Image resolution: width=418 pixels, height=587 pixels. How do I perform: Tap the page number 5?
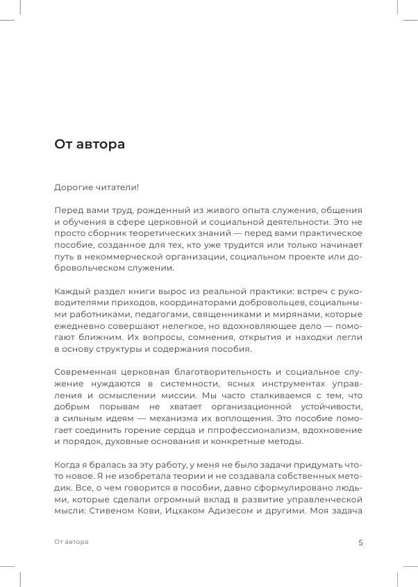click(x=360, y=543)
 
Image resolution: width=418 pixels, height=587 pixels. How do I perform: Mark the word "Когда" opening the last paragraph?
click(x=67, y=464)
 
